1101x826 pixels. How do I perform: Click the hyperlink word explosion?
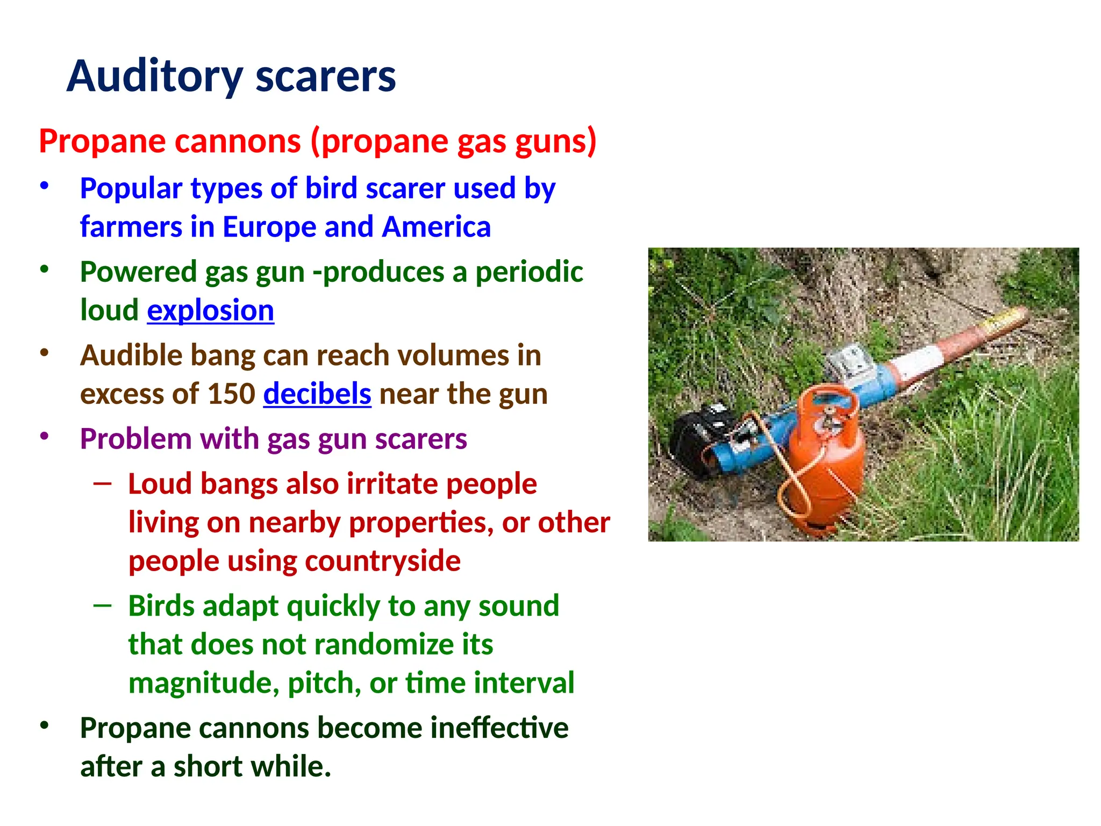210,311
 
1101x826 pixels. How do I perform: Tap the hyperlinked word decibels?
317,394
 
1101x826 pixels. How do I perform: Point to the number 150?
231,394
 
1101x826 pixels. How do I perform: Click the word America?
436,227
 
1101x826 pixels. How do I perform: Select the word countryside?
383,561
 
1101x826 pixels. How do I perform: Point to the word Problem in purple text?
135,439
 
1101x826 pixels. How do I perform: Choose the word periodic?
529,272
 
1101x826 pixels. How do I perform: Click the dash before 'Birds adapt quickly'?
102,606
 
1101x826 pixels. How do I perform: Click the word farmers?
130,227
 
